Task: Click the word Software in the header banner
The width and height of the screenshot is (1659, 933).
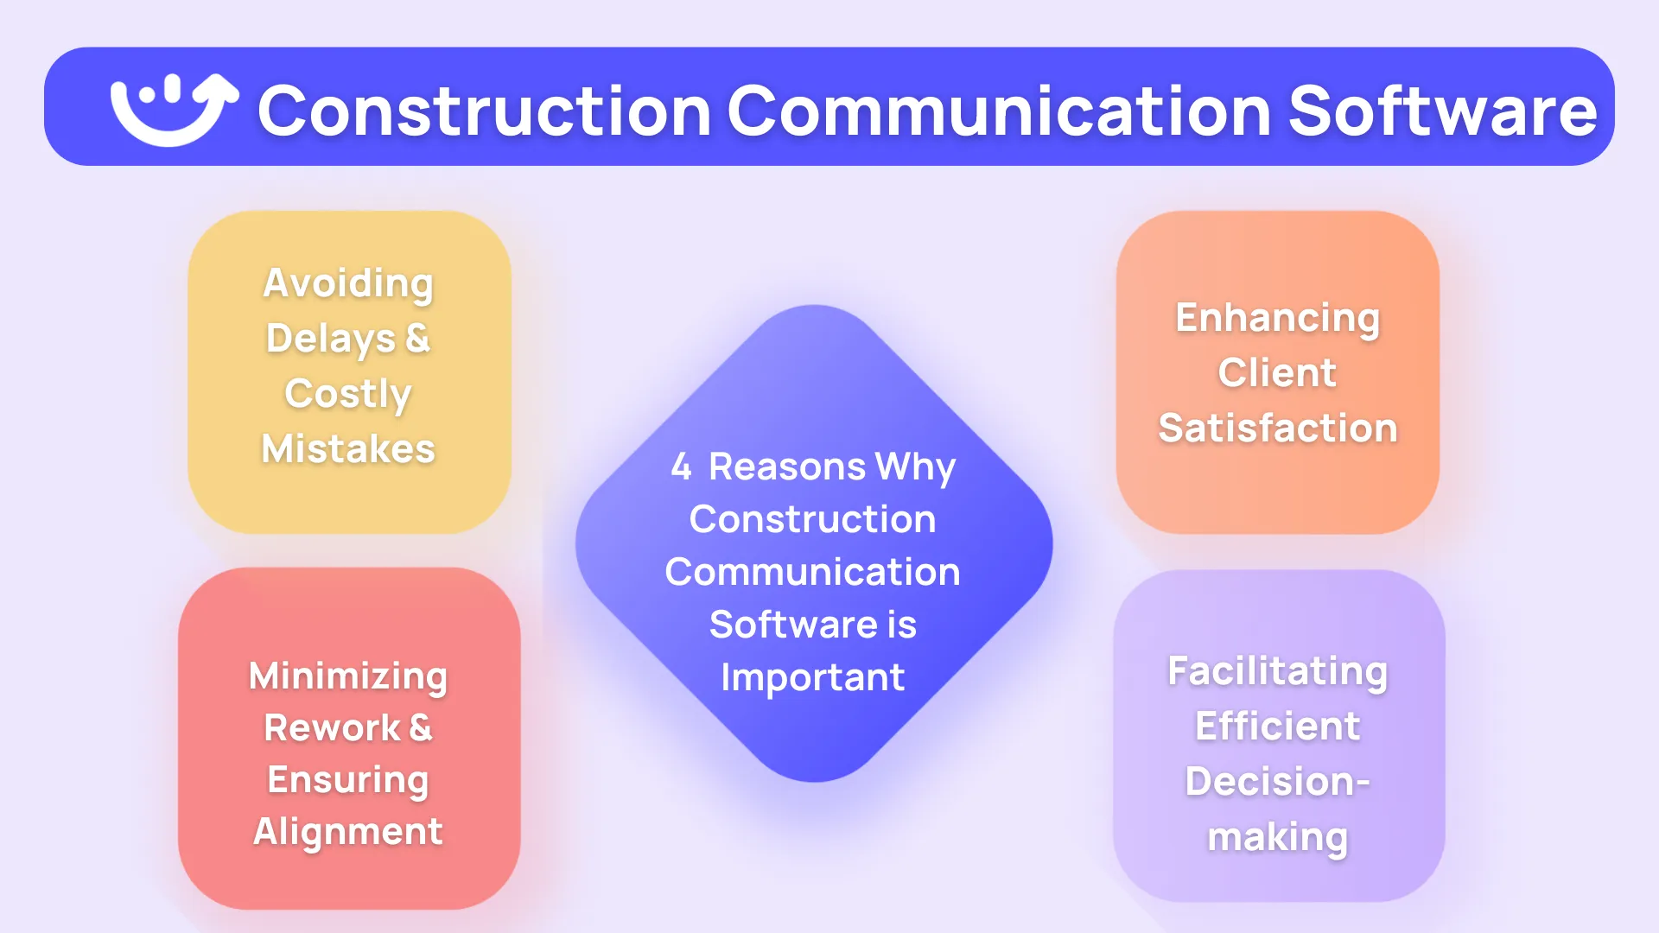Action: coord(1443,111)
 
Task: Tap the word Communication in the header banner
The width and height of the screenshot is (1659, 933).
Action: coord(1000,111)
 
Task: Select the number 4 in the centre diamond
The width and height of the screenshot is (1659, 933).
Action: coord(681,467)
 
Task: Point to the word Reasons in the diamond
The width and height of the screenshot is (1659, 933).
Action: coord(787,467)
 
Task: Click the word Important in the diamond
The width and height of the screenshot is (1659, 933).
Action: coord(812,678)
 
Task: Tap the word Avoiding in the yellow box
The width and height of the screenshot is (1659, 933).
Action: coord(348,284)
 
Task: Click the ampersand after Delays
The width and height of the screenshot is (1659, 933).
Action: coord(418,338)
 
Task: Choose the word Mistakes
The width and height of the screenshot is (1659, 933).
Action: coord(348,449)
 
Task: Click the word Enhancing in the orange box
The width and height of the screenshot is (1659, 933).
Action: coord(1278,319)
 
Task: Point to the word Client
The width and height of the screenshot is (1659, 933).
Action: coord(1278,373)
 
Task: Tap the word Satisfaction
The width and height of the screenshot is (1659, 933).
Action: coord(1278,428)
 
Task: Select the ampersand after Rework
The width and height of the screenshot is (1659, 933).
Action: coord(421,727)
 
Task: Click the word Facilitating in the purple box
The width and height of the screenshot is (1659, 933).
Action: coord(1278,672)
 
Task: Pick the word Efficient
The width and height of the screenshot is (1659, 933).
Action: coord(1278,727)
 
